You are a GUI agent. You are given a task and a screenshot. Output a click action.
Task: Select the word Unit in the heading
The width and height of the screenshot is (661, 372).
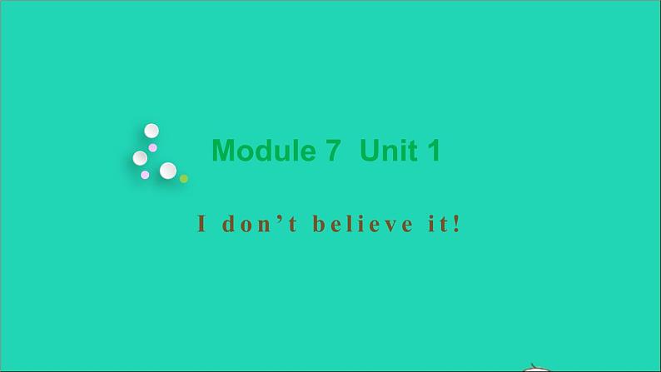click(388, 151)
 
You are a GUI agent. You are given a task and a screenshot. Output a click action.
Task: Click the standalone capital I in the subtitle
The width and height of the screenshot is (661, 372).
click(201, 225)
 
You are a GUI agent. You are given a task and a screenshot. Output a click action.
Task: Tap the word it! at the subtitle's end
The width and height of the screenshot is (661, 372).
click(442, 225)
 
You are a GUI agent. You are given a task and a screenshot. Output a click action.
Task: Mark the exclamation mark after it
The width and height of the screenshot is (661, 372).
click(455, 225)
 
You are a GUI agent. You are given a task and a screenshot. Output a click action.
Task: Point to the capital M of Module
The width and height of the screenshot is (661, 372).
click(223, 151)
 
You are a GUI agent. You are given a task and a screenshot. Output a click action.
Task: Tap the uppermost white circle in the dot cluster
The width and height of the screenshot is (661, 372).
click(152, 131)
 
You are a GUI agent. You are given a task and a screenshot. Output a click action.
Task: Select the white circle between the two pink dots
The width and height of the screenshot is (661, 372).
click(140, 158)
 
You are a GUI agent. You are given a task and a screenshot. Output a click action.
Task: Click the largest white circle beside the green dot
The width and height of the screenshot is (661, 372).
click(168, 171)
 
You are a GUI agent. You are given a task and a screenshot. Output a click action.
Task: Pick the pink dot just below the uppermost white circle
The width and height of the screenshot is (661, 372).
click(153, 147)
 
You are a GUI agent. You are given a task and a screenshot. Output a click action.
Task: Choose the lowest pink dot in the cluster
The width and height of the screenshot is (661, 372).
click(145, 175)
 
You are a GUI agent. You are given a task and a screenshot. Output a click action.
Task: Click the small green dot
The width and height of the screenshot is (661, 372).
click(184, 178)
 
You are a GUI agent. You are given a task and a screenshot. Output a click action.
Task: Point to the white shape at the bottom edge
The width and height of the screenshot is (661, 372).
click(539, 368)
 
